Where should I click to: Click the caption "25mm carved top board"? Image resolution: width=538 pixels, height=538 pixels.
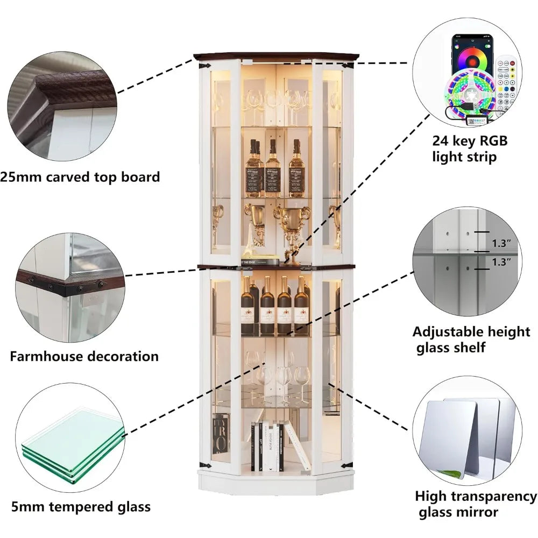tap(80, 177)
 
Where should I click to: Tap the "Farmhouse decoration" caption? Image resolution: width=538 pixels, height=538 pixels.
tap(84, 356)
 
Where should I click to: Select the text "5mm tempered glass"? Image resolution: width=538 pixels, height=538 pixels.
tap(81, 506)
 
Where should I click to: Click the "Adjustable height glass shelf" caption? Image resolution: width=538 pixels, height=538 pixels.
tap(471, 339)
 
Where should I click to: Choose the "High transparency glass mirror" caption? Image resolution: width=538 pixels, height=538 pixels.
tap(476, 504)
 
